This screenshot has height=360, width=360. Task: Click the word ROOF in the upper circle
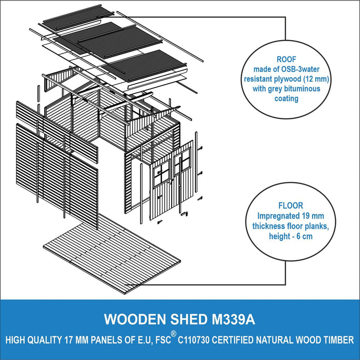(286, 59)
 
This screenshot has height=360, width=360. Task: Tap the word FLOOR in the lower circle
(291, 206)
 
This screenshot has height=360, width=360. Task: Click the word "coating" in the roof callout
(286, 99)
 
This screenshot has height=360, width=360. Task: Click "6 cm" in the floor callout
(304, 236)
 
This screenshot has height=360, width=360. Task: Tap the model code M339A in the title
(233, 319)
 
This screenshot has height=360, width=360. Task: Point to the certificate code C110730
(193, 340)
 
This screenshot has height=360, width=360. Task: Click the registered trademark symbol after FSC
(174, 334)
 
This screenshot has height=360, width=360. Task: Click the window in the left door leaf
(162, 173)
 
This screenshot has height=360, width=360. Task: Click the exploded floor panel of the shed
(112, 254)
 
